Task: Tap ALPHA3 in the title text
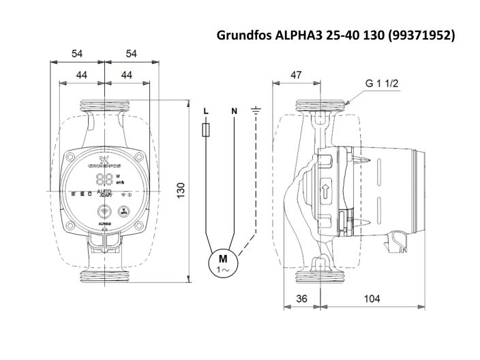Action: [298, 33]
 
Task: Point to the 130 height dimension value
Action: [181, 190]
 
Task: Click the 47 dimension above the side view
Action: [295, 74]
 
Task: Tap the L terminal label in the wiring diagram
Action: [207, 110]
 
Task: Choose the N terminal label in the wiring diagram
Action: [234, 110]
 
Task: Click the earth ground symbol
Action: [256, 110]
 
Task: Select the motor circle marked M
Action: [222, 262]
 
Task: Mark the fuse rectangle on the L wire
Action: [207, 130]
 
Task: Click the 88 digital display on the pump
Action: [104, 180]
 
